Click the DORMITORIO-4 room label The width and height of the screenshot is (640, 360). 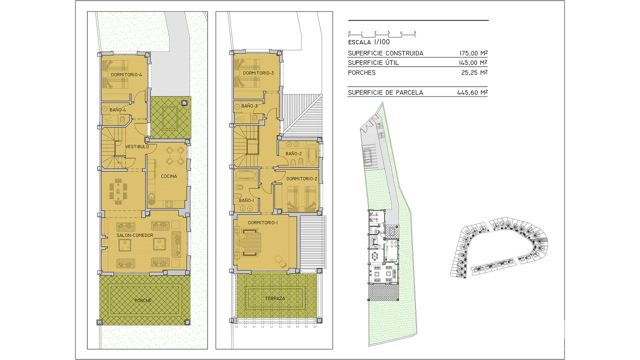click(x=126, y=75)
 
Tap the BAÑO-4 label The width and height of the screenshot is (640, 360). click(x=117, y=110)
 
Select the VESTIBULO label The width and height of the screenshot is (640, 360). click(x=137, y=146)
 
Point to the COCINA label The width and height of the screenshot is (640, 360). click(x=169, y=176)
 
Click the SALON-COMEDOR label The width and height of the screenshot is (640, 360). click(x=135, y=235)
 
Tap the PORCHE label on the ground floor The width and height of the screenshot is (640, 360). click(x=143, y=300)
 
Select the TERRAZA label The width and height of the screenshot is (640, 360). click(x=275, y=298)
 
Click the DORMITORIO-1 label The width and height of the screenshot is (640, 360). click(x=263, y=222)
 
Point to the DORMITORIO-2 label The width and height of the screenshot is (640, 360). click(x=301, y=179)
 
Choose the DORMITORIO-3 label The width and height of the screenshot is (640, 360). click(x=258, y=73)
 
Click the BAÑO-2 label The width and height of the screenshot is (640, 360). click(x=293, y=153)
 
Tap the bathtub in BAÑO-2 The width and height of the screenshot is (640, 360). click(x=313, y=155)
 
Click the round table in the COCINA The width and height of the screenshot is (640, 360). click(x=175, y=156)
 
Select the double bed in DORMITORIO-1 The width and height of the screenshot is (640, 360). click(x=251, y=243)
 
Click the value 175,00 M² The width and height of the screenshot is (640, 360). click(x=473, y=53)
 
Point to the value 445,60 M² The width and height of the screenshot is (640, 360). click(x=472, y=92)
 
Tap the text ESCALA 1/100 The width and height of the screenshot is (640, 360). click(x=369, y=42)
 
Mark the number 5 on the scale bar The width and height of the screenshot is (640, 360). click(x=415, y=32)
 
